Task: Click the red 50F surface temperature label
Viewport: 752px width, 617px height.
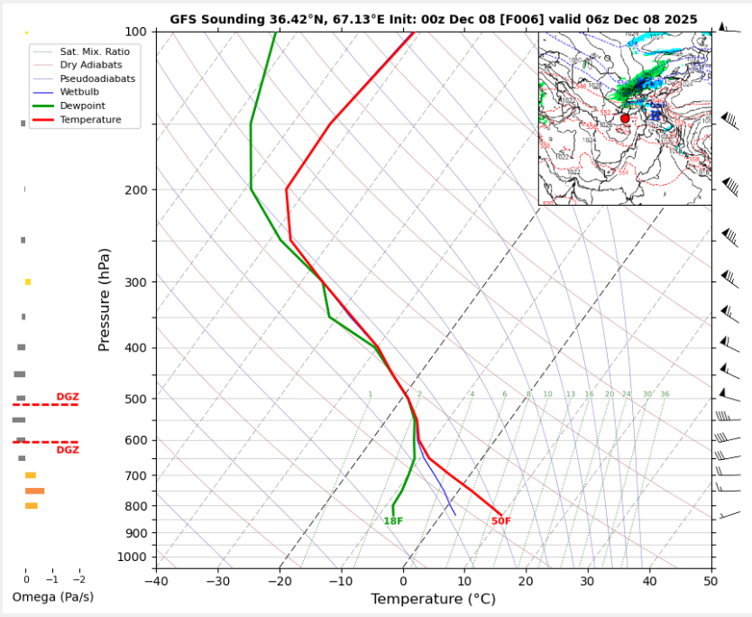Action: pos(500,521)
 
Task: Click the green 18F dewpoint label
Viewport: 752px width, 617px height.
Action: pos(393,521)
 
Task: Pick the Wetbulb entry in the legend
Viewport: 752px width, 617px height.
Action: pos(80,92)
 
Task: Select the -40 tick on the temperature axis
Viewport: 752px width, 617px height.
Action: pos(156,580)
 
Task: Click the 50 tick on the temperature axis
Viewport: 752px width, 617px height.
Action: pos(711,580)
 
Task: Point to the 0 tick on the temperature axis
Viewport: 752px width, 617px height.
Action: pos(403,580)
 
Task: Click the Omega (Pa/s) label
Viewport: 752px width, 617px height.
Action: pos(53,597)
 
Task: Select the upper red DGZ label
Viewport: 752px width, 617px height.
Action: pos(68,397)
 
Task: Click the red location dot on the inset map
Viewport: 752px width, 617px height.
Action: pos(625,118)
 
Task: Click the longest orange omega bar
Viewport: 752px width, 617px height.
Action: pos(35,491)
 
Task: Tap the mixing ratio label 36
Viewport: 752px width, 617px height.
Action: pos(665,394)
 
